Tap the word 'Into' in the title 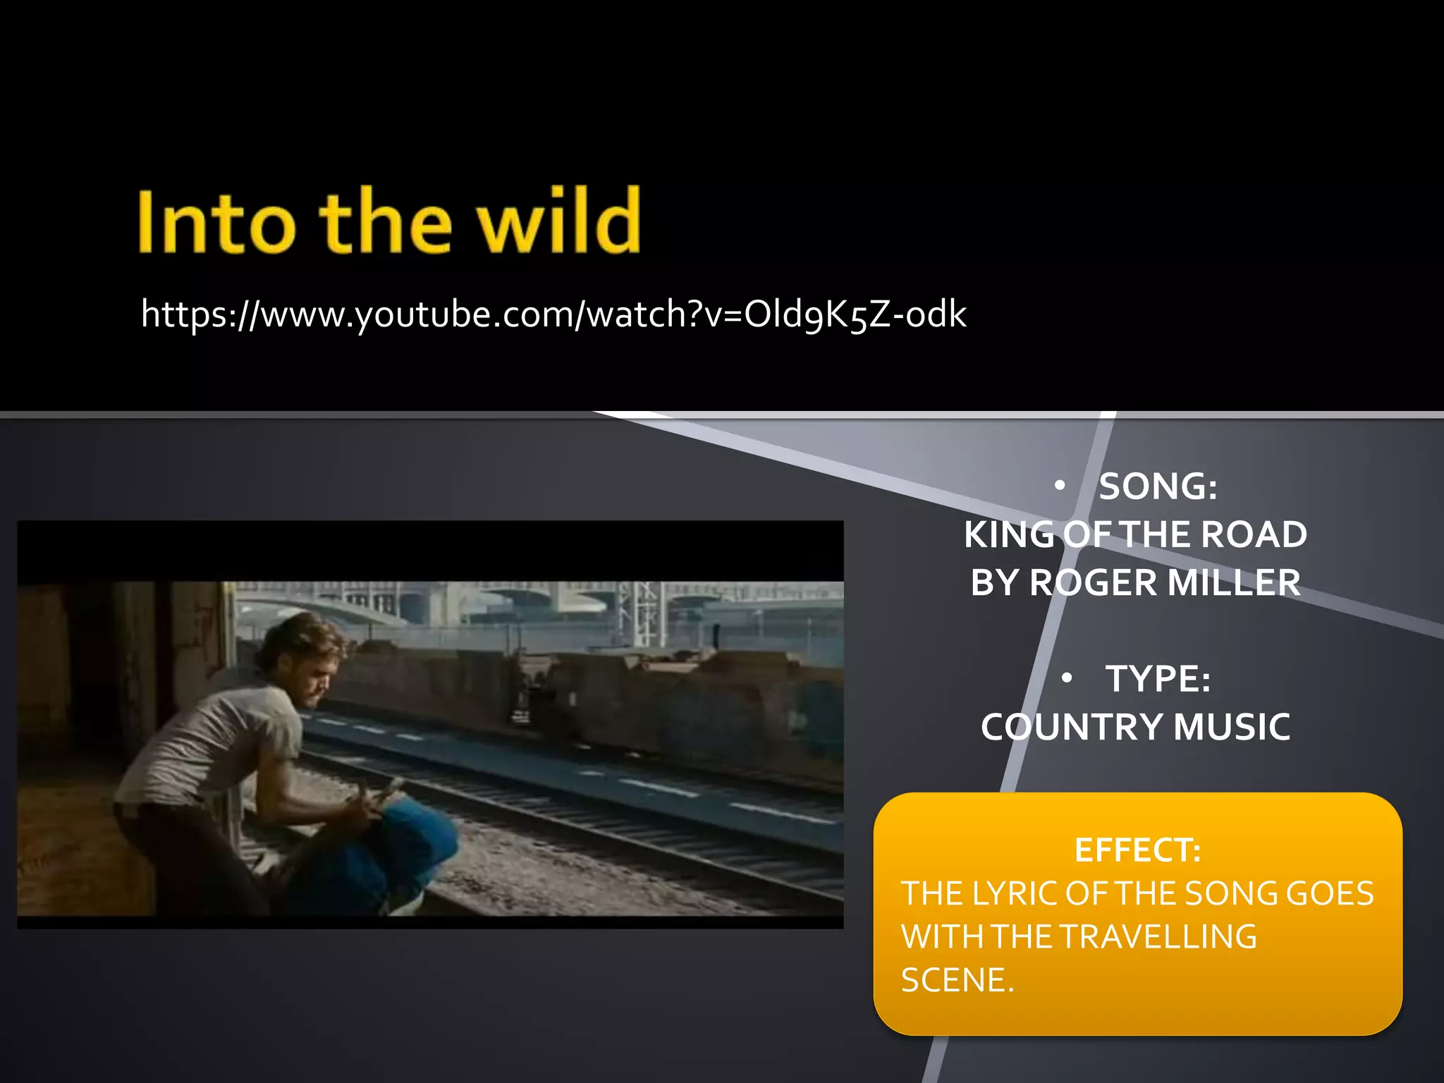(x=216, y=223)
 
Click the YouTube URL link (x=553, y=314)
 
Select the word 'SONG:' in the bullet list (x=1158, y=487)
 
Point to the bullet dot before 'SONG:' (x=1059, y=486)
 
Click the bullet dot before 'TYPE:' (x=1067, y=678)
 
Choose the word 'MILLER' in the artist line (x=1233, y=583)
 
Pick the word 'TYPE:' (x=1158, y=679)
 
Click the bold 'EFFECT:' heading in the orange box (x=1137, y=850)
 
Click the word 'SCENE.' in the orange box (x=957, y=980)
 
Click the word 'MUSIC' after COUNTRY (x=1232, y=727)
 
